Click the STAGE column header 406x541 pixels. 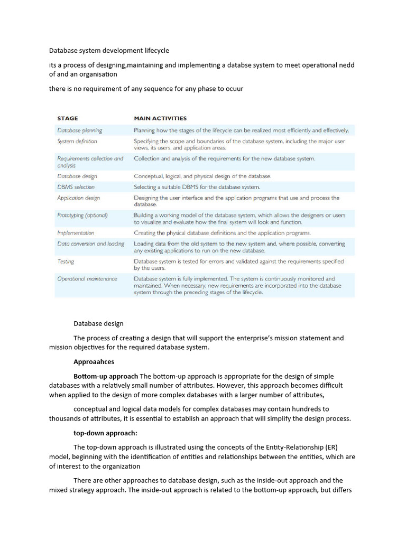tap(68, 118)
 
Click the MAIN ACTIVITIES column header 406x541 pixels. tap(160, 118)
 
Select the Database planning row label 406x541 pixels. tap(80, 130)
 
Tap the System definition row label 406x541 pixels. tap(77, 142)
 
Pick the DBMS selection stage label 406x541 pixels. tap(76, 187)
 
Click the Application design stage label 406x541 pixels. tap(78, 198)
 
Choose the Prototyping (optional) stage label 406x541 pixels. tap(82, 216)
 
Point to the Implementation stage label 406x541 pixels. tap(76, 233)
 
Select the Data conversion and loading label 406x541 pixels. tap(91, 244)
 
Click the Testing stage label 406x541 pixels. tap(66, 262)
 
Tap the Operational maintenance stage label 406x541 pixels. tap(87, 278)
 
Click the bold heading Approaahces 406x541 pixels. tap(94, 362)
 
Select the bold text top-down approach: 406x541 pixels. tap(105, 433)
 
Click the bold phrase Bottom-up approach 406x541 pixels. tap(106, 376)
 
